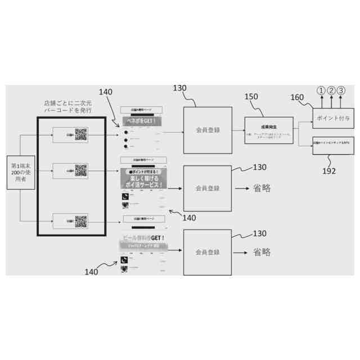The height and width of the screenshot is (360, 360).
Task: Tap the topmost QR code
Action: (x=81, y=135)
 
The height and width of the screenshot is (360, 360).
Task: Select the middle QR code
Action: (x=81, y=171)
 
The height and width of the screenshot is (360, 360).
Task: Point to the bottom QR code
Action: (x=81, y=221)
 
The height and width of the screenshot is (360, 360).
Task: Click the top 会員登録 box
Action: (x=208, y=130)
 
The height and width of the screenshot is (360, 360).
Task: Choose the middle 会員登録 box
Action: (x=208, y=188)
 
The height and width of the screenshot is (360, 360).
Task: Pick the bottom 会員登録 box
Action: (x=208, y=253)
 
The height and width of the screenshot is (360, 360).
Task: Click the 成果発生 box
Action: (x=269, y=130)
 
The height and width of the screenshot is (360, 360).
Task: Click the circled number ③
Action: (x=341, y=91)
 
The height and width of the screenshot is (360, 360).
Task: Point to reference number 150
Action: (x=251, y=97)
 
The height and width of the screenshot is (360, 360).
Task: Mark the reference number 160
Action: (x=297, y=97)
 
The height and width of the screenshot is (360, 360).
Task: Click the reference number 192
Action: (x=328, y=171)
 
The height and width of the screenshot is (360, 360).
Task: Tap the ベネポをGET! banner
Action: (x=141, y=121)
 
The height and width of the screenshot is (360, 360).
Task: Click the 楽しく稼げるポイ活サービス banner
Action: (x=143, y=181)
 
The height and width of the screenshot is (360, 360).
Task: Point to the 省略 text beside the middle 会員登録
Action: (x=262, y=188)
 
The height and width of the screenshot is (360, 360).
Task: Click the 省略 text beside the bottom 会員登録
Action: (x=262, y=252)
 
